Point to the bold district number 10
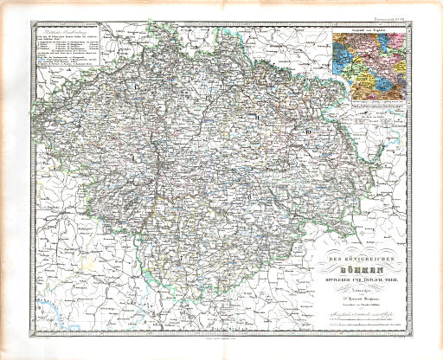tap(306, 131)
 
